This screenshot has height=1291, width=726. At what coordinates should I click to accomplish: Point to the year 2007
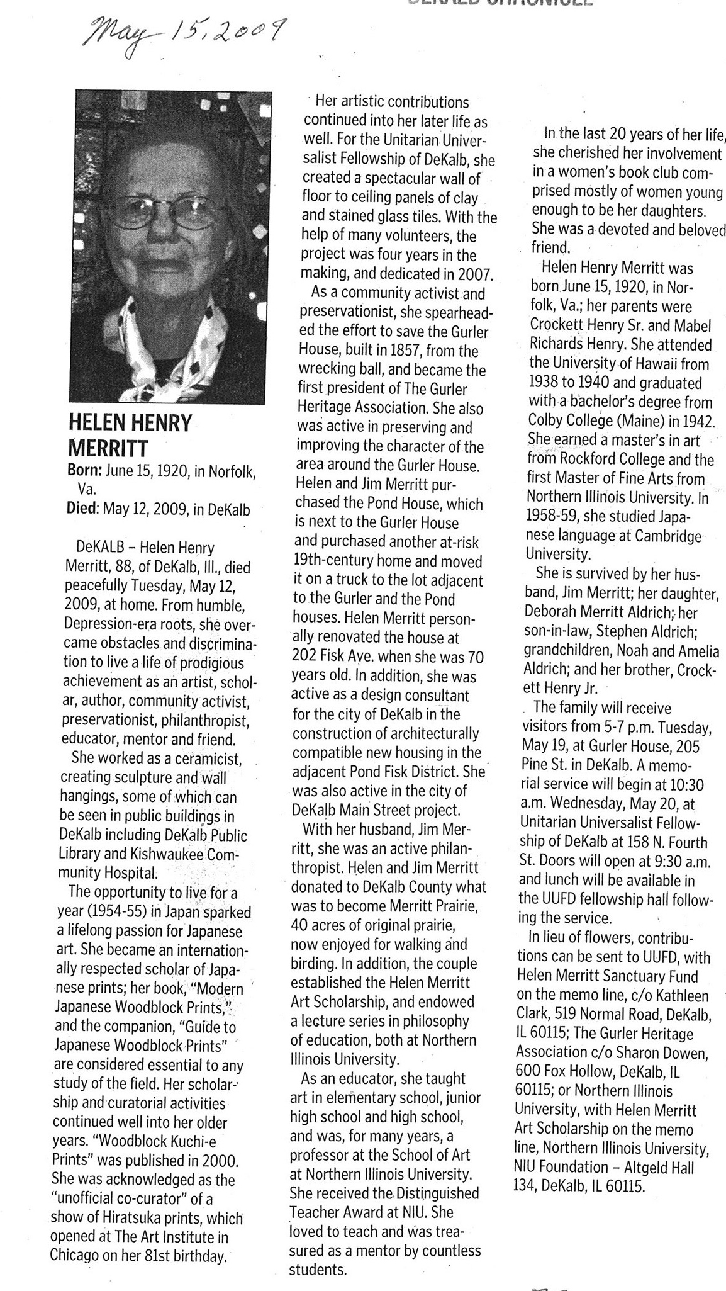(477, 274)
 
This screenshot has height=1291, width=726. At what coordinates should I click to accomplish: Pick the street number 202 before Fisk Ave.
(306, 655)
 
